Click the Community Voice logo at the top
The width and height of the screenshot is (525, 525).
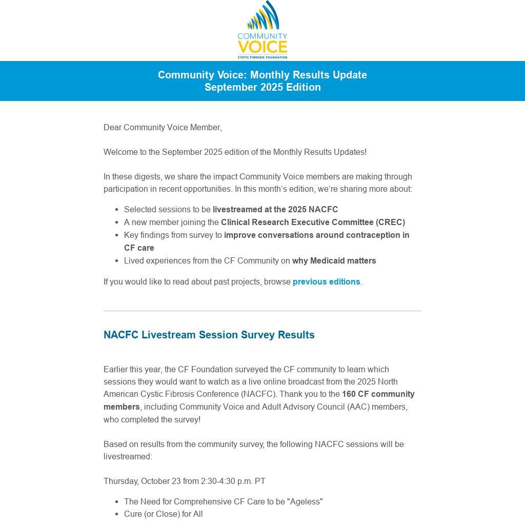[x=262, y=29]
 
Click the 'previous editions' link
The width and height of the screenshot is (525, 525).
[x=326, y=281]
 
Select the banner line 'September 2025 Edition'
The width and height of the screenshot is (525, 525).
[x=262, y=87]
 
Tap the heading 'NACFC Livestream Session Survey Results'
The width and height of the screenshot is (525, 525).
[x=209, y=335]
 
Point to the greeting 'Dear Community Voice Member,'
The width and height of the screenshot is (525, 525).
[x=163, y=127]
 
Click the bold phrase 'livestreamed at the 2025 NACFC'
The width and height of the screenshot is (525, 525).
[x=275, y=209]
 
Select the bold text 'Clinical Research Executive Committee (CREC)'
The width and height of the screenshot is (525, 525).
[x=313, y=222]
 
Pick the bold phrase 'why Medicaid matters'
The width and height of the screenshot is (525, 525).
[x=334, y=260]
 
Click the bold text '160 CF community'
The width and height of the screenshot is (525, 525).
[x=378, y=394]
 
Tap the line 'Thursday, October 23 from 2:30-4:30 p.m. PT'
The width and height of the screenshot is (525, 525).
[x=184, y=481]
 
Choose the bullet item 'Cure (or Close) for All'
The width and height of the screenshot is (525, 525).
[x=163, y=514]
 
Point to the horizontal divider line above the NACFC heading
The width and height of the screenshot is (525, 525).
[x=262, y=311]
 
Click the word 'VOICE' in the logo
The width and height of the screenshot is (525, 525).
[x=262, y=47]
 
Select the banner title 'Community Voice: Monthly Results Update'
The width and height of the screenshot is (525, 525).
[x=262, y=75]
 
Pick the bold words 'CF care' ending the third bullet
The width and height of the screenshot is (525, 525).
[x=139, y=248]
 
